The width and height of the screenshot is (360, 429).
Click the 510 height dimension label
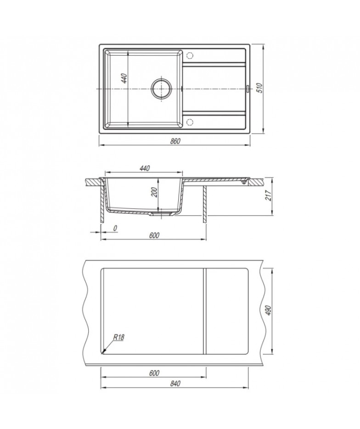point(260,88)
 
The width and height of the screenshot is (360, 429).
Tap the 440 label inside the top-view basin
point(124,78)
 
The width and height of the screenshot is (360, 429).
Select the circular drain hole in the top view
point(162,89)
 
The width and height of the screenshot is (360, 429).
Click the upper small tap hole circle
point(190,55)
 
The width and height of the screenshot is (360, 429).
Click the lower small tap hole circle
point(190,122)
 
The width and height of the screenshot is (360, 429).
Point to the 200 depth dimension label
point(154,193)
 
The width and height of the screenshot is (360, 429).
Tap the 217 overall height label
point(269,195)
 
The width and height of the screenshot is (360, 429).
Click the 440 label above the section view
point(144,168)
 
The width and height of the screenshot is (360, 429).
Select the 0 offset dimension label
point(115,228)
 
